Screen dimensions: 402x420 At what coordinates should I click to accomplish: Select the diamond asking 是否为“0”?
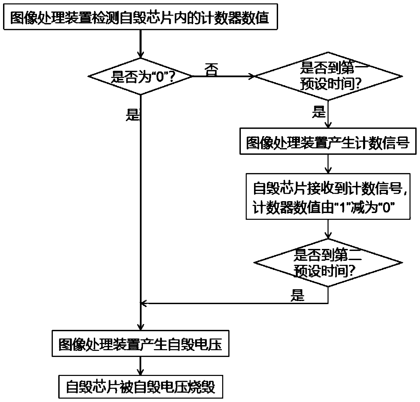[140, 77]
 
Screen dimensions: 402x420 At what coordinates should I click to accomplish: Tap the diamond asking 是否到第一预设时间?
[328, 77]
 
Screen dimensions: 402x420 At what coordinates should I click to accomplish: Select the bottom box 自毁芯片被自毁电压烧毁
[140, 387]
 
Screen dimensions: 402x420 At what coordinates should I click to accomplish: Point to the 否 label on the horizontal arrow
[211, 70]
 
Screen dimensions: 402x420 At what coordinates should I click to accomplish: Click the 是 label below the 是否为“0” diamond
[132, 115]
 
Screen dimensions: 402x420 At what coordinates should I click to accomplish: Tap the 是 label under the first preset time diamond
[319, 112]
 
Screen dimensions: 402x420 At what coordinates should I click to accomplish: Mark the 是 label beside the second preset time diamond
[297, 296]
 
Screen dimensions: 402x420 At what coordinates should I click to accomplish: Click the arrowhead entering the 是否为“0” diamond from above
[140, 55]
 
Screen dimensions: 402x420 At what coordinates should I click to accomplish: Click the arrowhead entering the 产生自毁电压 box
[140, 327]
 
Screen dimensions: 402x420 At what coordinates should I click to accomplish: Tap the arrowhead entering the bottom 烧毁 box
[140, 371]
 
